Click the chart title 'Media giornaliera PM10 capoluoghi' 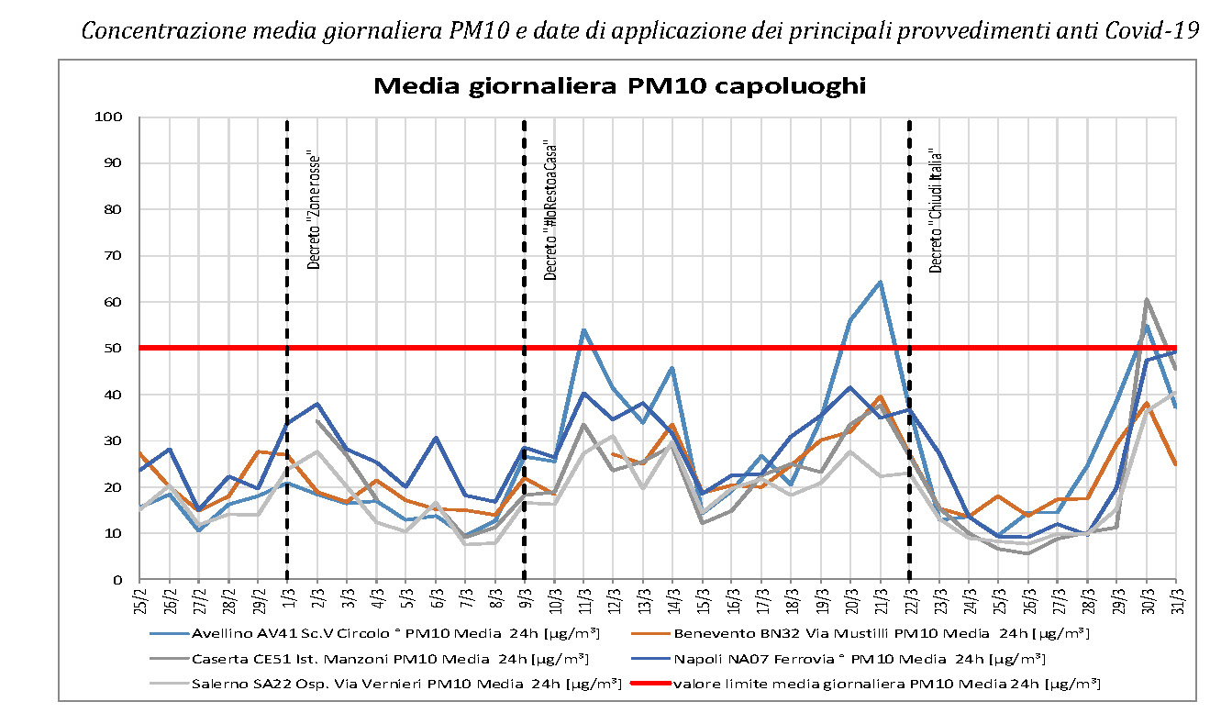click(x=619, y=87)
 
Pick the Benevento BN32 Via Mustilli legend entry click(x=881, y=633)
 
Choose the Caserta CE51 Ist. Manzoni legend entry click(x=389, y=658)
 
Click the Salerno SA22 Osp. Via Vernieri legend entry click(x=406, y=683)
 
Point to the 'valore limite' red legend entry click(x=886, y=683)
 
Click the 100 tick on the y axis click(x=108, y=117)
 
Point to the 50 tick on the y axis click(x=114, y=349)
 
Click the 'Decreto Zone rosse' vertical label click(x=314, y=209)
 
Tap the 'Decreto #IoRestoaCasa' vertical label click(x=550, y=209)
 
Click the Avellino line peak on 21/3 click(x=880, y=282)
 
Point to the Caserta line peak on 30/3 click(x=1146, y=299)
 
